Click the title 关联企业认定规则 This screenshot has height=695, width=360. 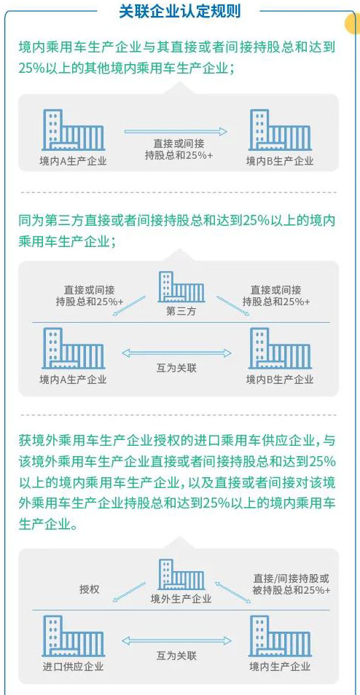(x=179, y=11)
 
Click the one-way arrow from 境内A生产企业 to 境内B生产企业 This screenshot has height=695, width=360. (x=176, y=131)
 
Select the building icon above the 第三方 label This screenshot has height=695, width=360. (x=181, y=287)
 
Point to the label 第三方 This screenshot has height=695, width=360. (x=181, y=311)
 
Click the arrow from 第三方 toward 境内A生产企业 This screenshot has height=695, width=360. (x=129, y=306)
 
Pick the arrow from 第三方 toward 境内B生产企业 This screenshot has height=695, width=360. (x=233, y=306)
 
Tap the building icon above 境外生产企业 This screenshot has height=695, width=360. (x=181, y=575)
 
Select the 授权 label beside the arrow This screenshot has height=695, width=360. (x=90, y=589)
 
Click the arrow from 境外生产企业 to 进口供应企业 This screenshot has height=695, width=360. (x=129, y=593)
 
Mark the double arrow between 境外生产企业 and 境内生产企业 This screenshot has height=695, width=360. (x=233, y=593)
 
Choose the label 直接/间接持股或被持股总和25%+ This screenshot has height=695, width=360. (x=291, y=584)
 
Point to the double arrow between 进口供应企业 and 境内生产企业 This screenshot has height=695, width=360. (x=176, y=640)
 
